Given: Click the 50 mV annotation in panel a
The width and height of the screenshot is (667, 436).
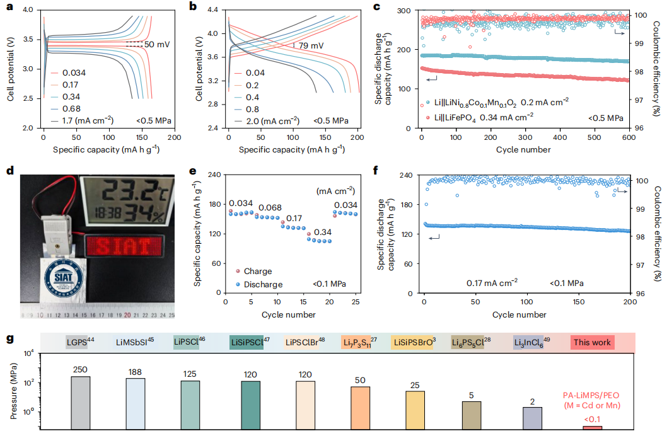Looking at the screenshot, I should point(158,45).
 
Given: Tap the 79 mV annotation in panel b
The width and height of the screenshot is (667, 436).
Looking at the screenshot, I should point(310,45).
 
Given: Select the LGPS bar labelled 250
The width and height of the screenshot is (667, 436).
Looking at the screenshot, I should point(80,403).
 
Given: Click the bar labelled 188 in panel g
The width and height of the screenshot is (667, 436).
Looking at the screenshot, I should point(135,403).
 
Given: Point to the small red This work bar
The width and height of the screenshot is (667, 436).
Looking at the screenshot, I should point(591,428).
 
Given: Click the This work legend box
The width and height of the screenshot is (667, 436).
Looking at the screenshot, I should point(592,343).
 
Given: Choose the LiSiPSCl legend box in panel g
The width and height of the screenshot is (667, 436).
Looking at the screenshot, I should point(246,343).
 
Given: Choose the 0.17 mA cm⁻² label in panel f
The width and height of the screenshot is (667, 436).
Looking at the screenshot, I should point(492,283).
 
